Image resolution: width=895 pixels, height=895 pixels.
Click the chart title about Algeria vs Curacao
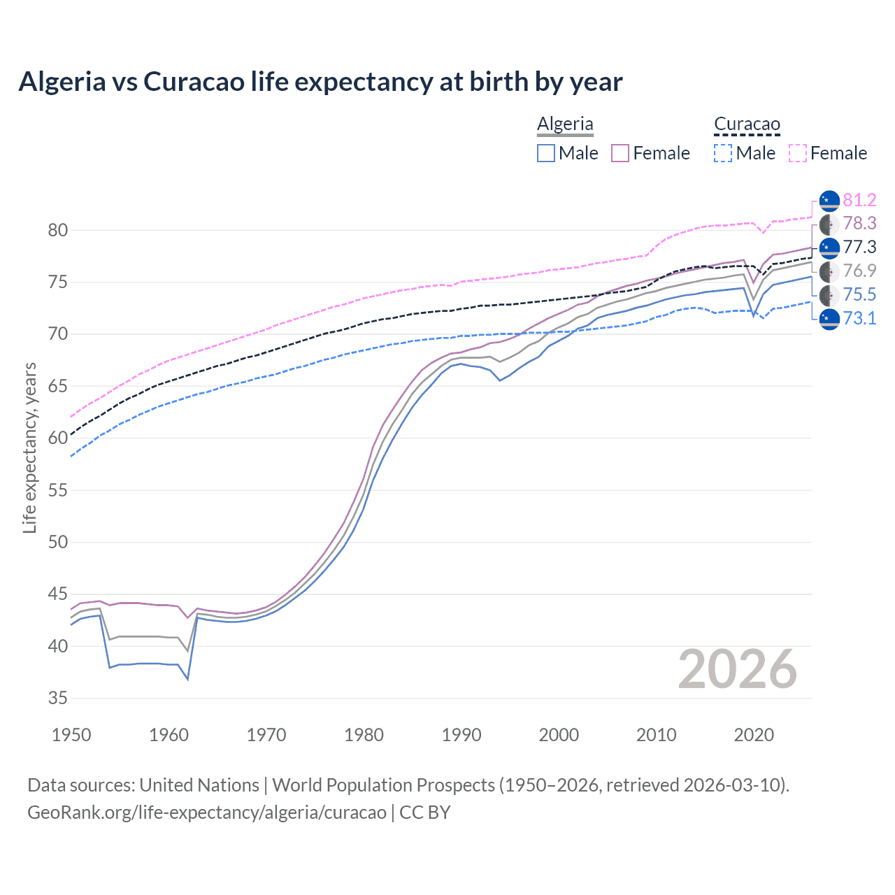[320, 82]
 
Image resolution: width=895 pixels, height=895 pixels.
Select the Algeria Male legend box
[546, 153]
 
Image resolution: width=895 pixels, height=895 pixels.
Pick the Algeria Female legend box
[621, 153]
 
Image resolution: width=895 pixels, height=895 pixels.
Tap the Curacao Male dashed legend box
[723, 153]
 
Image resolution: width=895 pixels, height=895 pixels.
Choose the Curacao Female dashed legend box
[798, 153]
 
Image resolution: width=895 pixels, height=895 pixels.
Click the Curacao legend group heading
[747, 124]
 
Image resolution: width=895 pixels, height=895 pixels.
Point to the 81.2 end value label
[859, 200]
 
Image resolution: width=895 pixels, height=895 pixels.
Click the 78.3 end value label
[859, 223]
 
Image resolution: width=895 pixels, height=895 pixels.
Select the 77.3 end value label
[859, 247]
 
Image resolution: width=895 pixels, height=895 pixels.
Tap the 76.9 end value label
[859, 271]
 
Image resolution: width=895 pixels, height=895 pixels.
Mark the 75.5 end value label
[859, 294]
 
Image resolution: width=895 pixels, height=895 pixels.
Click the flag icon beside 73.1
[829, 318]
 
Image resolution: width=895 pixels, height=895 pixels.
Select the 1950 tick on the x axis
[71, 735]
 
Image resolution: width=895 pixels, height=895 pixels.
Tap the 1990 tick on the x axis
[461, 735]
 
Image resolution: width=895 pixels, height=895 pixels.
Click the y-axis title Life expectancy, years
[30, 447]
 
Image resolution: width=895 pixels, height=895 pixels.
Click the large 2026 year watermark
[737, 669]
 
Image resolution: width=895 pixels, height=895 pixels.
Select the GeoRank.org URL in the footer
[207, 812]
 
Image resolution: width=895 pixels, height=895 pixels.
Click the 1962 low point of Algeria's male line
[188, 679]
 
